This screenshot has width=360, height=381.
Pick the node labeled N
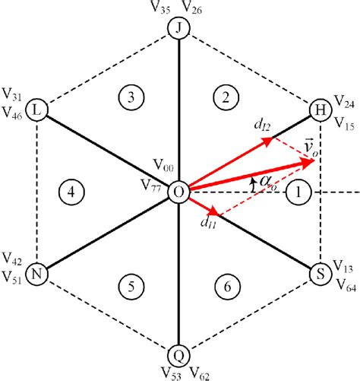pyautogui.click(x=36, y=273)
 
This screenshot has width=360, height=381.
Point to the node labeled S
pyautogui.click(x=320, y=273)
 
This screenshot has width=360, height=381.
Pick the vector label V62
pyautogui.click(x=201, y=373)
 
